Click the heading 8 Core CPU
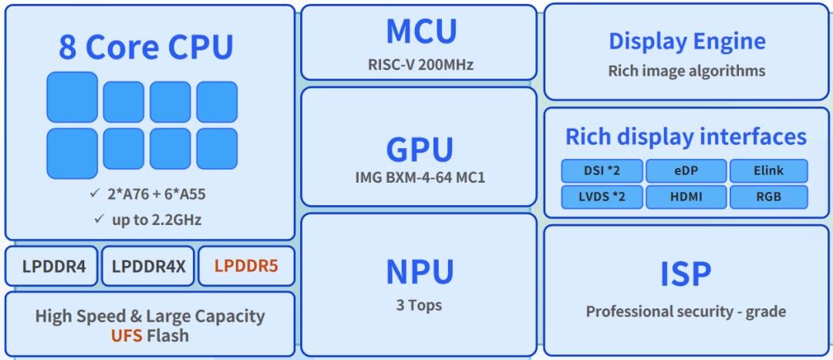[x=146, y=48]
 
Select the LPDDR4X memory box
[x=149, y=267]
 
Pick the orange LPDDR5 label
[x=246, y=267]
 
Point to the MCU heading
[x=421, y=32]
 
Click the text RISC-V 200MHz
[x=420, y=64]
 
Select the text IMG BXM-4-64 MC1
[x=420, y=178]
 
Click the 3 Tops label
[x=419, y=305]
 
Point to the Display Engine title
[x=686, y=41]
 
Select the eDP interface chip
[x=686, y=171]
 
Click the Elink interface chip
[x=768, y=171]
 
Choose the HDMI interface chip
[x=686, y=197]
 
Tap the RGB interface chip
[x=768, y=197]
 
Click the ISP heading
[x=686, y=274]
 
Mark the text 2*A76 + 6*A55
[x=157, y=194]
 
